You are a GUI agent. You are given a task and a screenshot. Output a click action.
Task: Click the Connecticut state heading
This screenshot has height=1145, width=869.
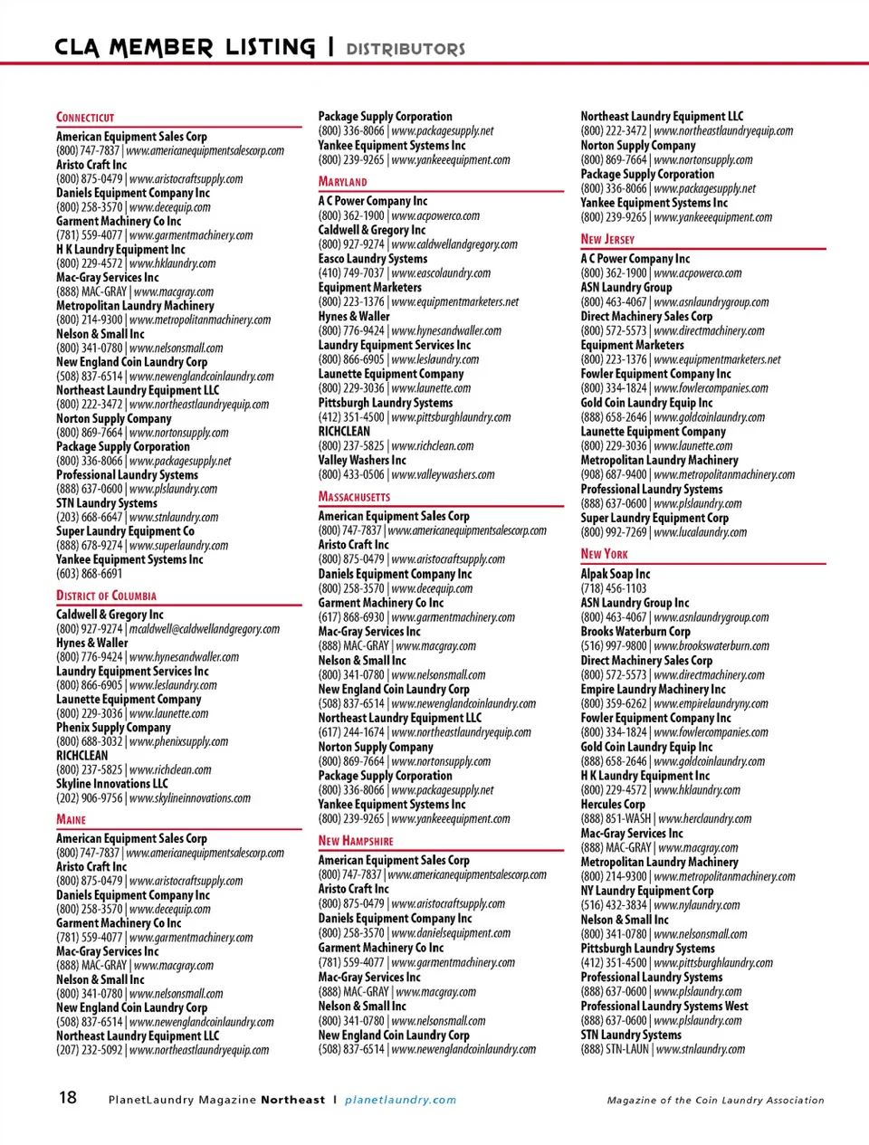tap(85, 118)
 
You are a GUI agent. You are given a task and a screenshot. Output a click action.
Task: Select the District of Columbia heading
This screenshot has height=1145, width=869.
tap(106, 596)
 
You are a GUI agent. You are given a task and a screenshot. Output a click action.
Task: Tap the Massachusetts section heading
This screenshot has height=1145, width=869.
tap(354, 497)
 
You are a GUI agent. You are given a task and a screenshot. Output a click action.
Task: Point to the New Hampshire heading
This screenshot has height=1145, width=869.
tap(356, 841)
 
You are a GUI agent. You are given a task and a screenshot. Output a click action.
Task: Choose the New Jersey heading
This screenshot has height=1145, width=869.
tap(607, 239)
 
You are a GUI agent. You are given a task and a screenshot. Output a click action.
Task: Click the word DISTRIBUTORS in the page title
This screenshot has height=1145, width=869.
tap(406, 49)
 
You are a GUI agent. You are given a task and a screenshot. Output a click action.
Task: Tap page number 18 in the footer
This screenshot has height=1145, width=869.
tap(68, 1098)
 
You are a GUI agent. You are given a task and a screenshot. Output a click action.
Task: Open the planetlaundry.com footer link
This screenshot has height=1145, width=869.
tap(400, 1100)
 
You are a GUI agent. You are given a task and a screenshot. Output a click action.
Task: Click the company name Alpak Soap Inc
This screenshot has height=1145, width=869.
tap(616, 574)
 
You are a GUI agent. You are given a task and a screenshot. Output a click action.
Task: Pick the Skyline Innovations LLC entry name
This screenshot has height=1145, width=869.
tap(112, 784)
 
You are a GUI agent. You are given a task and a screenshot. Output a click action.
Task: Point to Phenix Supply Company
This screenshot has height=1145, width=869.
tap(113, 728)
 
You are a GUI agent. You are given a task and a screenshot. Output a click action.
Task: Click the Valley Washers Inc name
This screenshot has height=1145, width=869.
tap(362, 461)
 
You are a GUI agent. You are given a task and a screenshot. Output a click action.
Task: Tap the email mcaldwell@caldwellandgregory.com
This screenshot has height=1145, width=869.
tap(205, 629)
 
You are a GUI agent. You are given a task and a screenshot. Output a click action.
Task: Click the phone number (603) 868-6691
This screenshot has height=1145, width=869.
tap(90, 574)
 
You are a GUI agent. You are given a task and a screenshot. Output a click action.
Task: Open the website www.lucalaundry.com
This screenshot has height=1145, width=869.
tap(701, 532)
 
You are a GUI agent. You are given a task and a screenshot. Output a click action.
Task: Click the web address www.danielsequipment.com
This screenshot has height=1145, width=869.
tap(451, 933)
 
